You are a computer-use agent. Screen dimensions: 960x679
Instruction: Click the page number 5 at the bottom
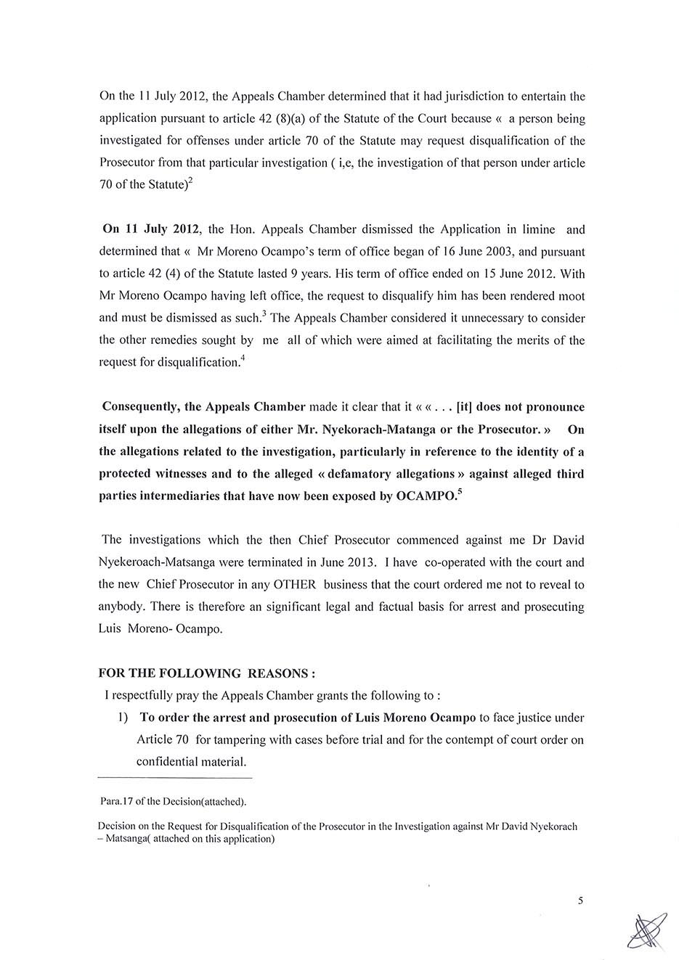580,900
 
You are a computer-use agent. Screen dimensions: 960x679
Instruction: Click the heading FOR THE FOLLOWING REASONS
206,673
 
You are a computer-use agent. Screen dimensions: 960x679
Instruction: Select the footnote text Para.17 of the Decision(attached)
174,802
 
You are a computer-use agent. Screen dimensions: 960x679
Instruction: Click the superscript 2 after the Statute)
190,180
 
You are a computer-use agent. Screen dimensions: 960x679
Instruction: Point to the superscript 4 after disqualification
242,358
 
